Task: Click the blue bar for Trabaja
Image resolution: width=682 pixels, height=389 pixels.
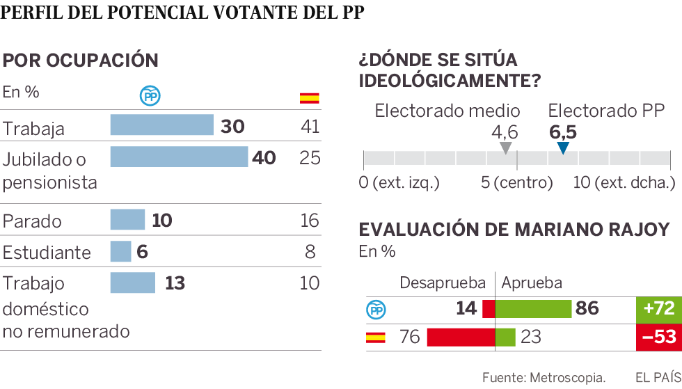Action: [x=161, y=125]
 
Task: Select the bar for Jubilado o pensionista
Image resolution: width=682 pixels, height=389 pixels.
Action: [x=179, y=157]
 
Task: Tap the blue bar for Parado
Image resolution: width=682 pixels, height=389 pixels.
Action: [x=127, y=220]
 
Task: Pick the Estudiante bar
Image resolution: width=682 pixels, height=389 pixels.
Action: [x=120, y=251]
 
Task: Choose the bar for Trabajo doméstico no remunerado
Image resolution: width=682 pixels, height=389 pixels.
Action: [x=132, y=283]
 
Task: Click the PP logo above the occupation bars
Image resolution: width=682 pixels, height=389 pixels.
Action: [x=150, y=97]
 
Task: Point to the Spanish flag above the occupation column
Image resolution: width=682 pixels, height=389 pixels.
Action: [x=310, y=97]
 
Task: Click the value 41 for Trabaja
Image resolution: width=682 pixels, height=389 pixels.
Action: [x=310, y=126]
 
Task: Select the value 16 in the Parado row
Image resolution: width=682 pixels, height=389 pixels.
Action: [x=310, y=221]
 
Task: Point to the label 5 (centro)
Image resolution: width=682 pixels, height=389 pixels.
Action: [x=516, y=183]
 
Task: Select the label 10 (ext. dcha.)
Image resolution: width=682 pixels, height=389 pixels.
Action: [x=624, y=183]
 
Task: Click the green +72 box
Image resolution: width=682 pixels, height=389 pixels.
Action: [x=657, y=309]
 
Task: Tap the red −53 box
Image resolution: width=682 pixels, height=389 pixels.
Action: [x=657, y=338]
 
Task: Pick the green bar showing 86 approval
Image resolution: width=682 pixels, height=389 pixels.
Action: [x=533, y=309]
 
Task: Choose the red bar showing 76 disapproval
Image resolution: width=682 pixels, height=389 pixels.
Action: [x=460, y=338]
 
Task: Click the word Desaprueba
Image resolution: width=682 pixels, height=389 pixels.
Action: [x=443, y=283]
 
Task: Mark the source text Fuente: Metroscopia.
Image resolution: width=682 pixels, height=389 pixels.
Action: [x=544, y=377]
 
